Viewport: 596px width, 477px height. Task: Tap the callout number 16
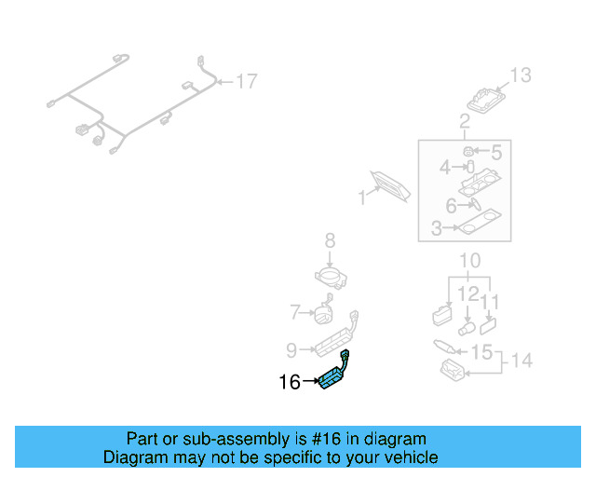click(290, 382)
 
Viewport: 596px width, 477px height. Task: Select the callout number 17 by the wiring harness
click(245, 82)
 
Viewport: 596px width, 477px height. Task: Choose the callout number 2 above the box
click(464, 120)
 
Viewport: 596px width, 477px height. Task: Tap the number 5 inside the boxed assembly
click(495, 151)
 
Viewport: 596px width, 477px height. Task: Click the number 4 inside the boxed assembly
click(445, 168)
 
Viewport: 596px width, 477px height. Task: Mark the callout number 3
click(437, 227)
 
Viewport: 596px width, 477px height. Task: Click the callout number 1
click(362, 198)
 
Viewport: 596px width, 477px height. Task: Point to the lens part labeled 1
click(390, 184)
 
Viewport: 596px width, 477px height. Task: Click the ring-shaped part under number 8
click(330, 276)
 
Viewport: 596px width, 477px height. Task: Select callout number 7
click(295, 311)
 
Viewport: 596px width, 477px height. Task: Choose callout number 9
click(291, 350)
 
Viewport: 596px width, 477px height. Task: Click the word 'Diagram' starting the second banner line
click(133, 457)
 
